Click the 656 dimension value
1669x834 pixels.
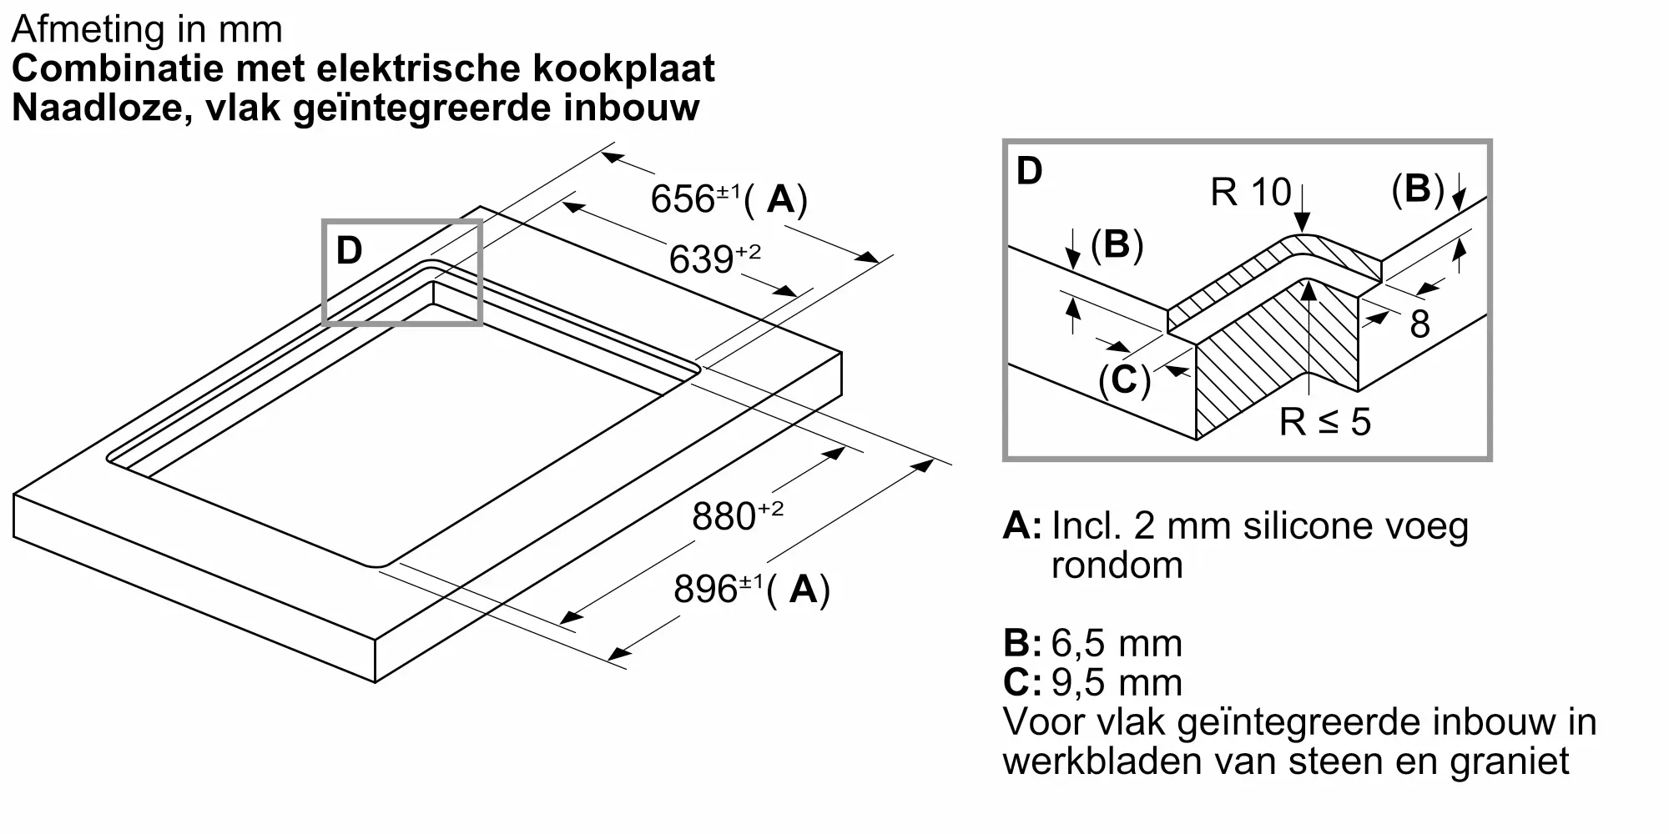pyautogui.click(x=683, y=199)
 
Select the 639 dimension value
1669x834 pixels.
pyautogui.click(x=702, y=259)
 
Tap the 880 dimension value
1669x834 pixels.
pyautogui.click(x=724, y=516)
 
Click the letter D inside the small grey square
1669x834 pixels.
pyautogui.click(x=349, y=250)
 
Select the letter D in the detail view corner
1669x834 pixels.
pyautogui.click(x=1030, y=171)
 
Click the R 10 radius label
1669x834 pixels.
pyautogui.click(x=1251, y=193)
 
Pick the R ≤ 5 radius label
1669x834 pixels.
pyautogui.click(x=1325, y=422)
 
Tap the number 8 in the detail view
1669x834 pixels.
pyautogui.click(x=1420, y=324)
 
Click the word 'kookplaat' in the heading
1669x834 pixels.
pyautogui.click(x=624, y=68)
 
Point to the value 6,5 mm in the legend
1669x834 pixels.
pyautogui.click(x=1117, y=643)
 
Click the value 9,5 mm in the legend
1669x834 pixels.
pyautogui.click(x=1117, y=682)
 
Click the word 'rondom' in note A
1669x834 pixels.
pyautogui.click(x=1117, y=565)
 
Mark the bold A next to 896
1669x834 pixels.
pyautogui.click(x=804, y=589)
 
